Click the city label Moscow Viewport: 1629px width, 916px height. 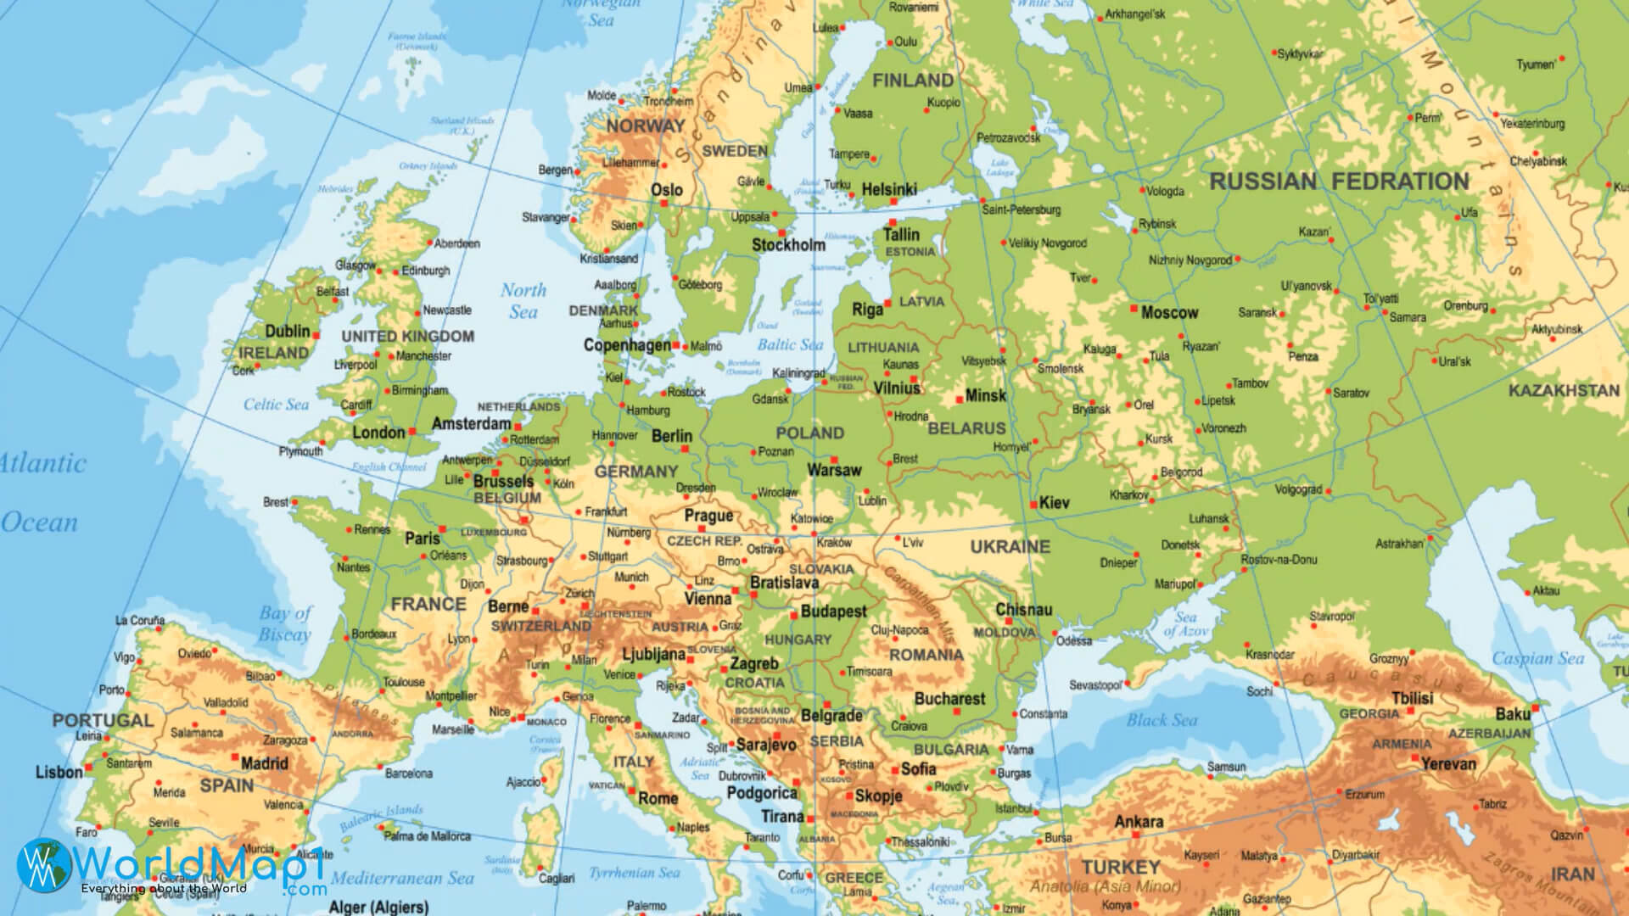click(1169, 313)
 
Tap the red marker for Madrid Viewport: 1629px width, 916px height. click(235, 755)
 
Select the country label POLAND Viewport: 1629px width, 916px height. click(809, 433)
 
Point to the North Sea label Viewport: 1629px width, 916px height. click(523, 301)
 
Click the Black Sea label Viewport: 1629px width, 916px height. click(1162, 720)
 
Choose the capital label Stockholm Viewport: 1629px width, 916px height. click(788, 245)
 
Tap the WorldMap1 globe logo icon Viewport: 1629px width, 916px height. click(43, 864)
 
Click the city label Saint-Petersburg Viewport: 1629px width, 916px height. click(1021, 209)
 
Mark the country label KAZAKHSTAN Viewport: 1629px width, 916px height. click(1564, 391)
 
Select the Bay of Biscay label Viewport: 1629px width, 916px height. click(286, 623)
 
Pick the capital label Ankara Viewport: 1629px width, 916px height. click(1139, 822)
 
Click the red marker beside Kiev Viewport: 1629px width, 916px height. click(1033, 505)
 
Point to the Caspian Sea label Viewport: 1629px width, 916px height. click(1537, 658)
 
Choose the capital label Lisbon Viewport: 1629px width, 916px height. click(59, 772)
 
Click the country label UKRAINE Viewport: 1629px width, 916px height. click(1010, 547)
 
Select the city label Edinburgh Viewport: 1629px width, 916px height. click(426, 271)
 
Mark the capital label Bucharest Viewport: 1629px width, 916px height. click(949, 699)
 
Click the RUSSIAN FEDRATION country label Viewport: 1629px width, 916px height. click(1339, 182)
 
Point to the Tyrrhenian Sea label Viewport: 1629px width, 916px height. click(635, 872)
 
